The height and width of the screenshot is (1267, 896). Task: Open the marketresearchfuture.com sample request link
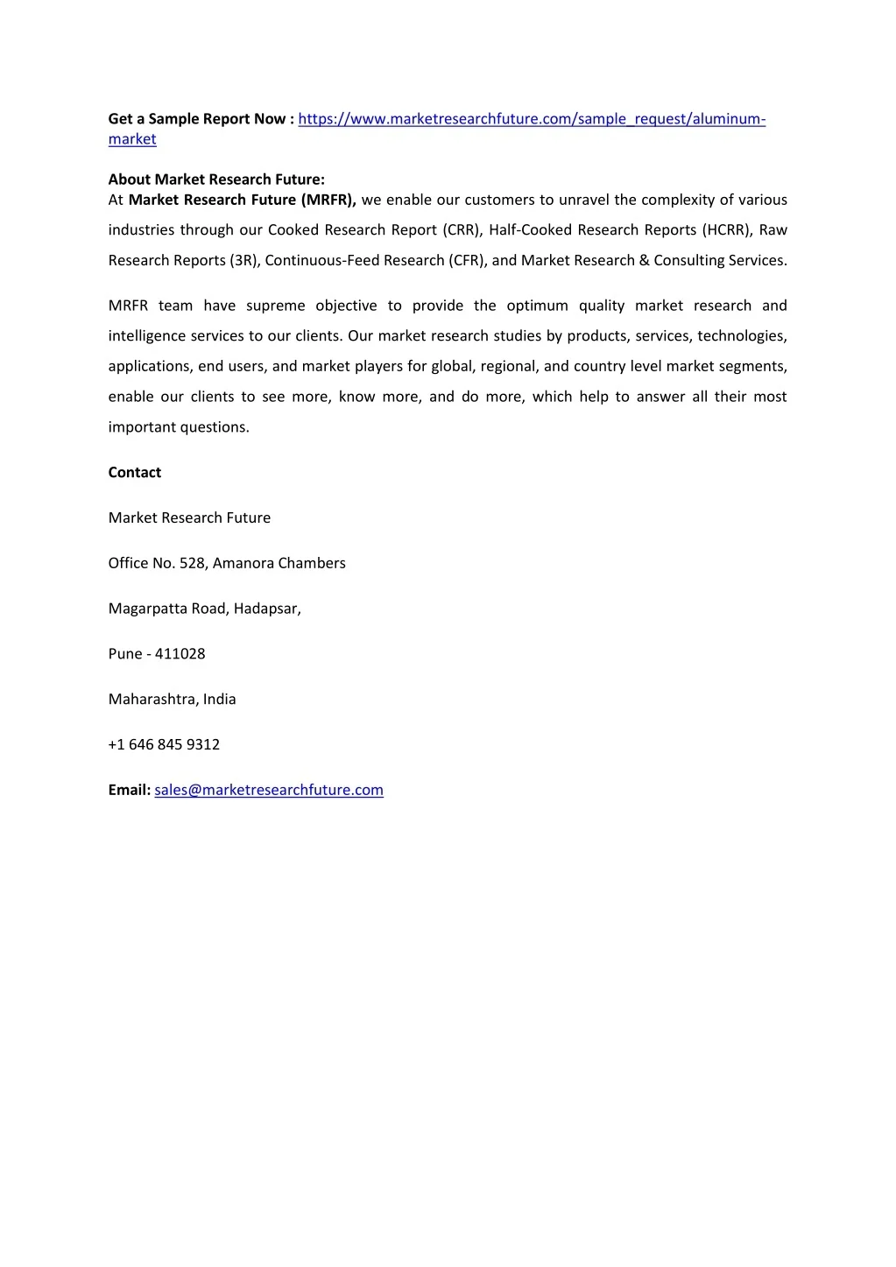pos(532,119)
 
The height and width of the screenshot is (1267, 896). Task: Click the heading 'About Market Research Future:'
pos(216,179)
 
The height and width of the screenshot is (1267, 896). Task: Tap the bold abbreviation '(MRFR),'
pos(328,200)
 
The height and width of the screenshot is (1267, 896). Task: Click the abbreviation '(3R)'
pos(244,261)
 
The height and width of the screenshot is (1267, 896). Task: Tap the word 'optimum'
pos(537,306)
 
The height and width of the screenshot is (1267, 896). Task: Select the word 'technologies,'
pos(742,336)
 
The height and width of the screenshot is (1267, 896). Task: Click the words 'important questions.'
pos(179,427)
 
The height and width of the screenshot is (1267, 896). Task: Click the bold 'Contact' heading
pos(135,473)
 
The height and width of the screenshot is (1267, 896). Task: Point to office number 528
pos(192,563)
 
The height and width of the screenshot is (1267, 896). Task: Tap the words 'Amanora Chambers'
pos(279,563)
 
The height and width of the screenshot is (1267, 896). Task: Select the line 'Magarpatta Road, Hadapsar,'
pos(205,609)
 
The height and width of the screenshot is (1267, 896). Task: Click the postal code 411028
pos(180,654)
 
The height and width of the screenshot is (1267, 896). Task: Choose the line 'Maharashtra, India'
pos(173,700)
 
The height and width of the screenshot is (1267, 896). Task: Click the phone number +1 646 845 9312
pos(165,745)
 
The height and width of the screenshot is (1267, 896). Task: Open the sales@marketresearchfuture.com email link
pos(269,791)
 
